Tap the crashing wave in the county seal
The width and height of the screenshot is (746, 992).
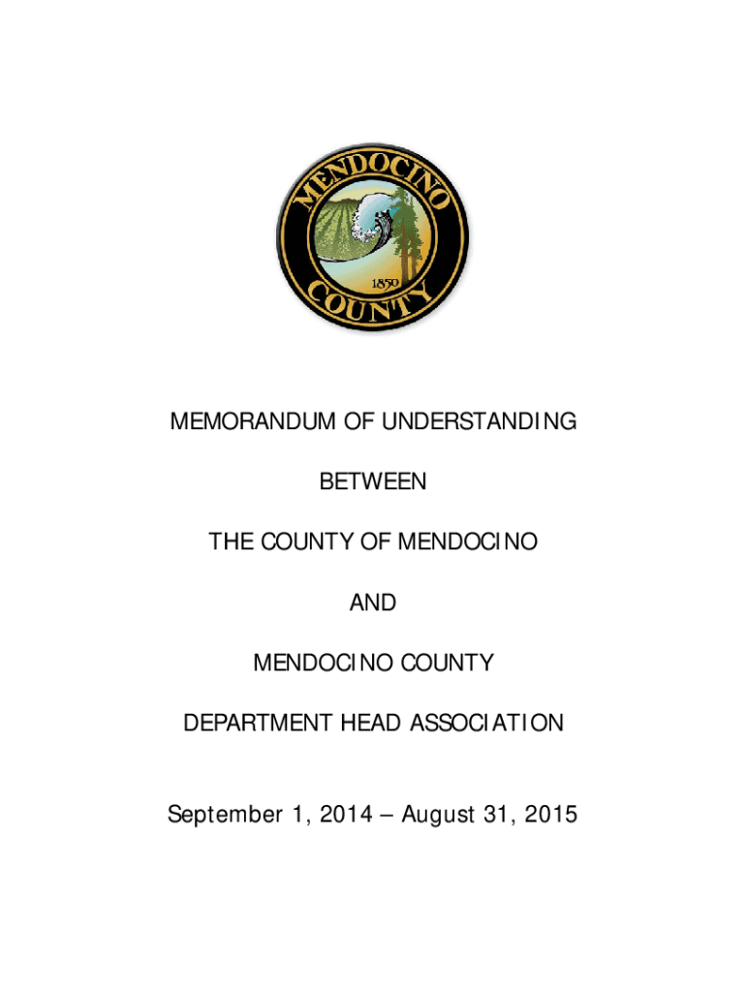click(371, 221)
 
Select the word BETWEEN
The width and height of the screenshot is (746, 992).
click(373, 482)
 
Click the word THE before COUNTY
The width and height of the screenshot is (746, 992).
click(230, 542)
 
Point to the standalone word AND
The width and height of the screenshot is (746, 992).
click(373, 603)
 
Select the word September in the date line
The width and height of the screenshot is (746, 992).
click(222, 816)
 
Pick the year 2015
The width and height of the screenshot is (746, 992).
click(550, 816)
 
